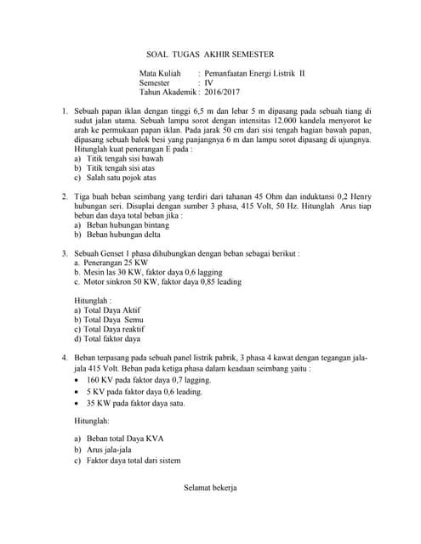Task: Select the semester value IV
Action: [x=208, y=83]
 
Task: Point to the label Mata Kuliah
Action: [x=160, y=74]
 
